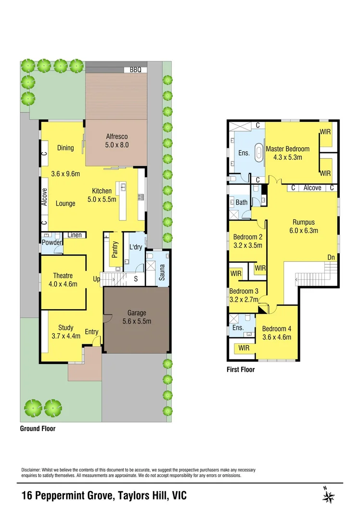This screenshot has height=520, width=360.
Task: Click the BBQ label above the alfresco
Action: pyautogui.click(x=135, y=70)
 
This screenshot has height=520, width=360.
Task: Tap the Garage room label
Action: pyautogui.click(x=137, y=313)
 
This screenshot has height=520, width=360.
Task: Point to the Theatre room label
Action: pyautogui.click(x=63, y=275)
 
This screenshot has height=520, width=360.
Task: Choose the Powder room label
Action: pyautogui.click(x=51, y=243)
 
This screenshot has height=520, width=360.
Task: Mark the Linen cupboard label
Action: pyautogui.click(x=74, y=235)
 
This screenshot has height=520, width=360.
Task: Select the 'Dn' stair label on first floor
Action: pyautogui.click(x=331, y=258)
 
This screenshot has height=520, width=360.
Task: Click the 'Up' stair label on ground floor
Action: pyautogui.click(x=96, y=279)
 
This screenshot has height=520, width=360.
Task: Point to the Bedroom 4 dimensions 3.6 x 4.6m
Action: pyautogui.click(x=277, y=337)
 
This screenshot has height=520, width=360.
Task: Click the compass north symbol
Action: pyautogui.click(x=330, y=496)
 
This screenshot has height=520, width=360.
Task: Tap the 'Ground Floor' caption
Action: pyautogui.click(x=38, y=428)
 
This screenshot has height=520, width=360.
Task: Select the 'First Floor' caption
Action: pyautogui.click(x=241, y=370)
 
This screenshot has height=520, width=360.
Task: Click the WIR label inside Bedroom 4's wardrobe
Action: pyautogui.click(x=244, y=348)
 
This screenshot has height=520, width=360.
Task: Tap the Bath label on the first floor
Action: pyautogui.click(x=242, y=202)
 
